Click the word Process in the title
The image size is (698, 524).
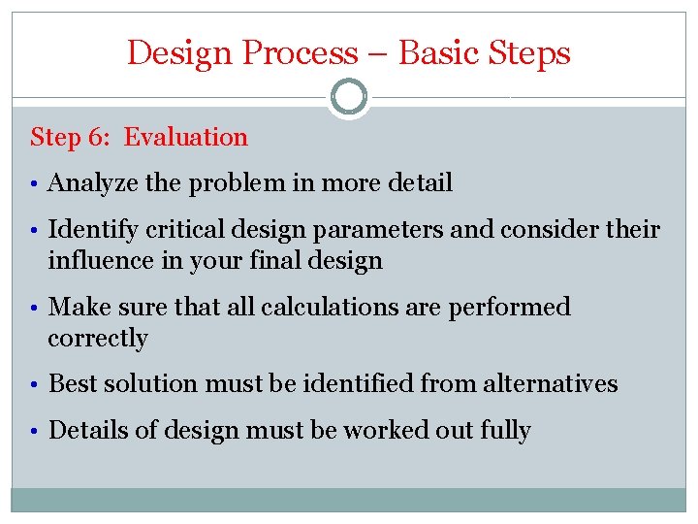click(300, 52)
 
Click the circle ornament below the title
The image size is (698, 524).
click(349, 98)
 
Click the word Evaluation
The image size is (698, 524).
click(186, 138)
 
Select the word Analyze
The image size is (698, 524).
click(88, 183)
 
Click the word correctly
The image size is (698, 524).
click(98, 339)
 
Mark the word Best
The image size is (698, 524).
click(69, 384)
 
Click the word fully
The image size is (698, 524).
click(505, 431)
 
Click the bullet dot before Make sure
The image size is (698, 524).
click(36, 309)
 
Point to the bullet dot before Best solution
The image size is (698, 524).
click(36, 384)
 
